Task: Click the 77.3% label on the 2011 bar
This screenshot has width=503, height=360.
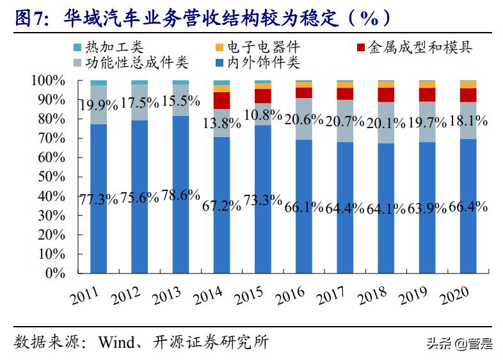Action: [x=98, y=199]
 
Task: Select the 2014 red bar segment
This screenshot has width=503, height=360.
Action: [x=221, y=101]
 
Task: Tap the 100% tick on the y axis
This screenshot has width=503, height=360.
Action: [x=49, y=81]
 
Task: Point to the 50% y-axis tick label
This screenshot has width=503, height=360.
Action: [x=51, y=177]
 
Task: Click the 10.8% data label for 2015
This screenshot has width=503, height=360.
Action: [x=262, y=116]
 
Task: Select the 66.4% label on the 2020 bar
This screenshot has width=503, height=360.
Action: [x=468, y=206]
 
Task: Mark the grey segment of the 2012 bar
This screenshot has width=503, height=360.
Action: [x=139, y=102]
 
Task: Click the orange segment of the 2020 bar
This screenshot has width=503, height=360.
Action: [x=468, y=85]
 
